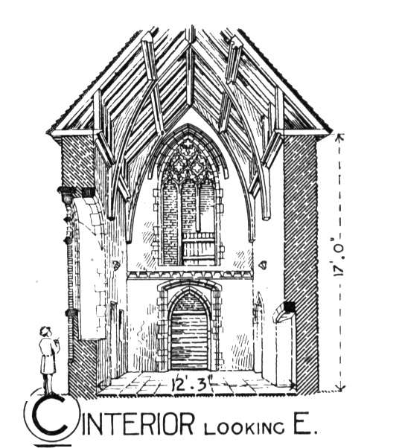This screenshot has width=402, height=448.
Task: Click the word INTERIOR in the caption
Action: (x=137, y=425)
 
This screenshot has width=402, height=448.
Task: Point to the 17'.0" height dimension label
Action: (x=339, y=257)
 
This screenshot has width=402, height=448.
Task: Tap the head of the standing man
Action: (x=45, y=332)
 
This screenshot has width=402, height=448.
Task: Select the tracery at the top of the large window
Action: (x=188, y=161)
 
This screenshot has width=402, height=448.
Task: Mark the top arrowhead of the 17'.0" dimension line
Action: (x=339, y=137)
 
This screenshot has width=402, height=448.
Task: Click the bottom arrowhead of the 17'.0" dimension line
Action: (x=339, y=388)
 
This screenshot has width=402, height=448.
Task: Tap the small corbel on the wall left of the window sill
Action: (x=116, y=266)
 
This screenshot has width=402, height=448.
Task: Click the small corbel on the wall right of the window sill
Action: (x=262, y=265)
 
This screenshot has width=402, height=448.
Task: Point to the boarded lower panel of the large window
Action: (x=198, y=249)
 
